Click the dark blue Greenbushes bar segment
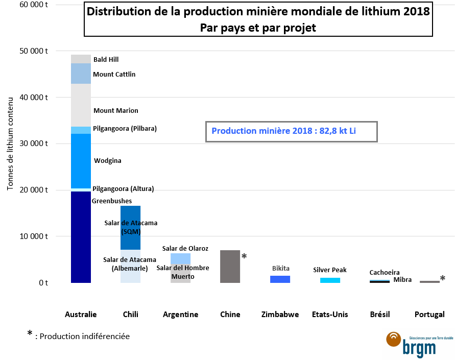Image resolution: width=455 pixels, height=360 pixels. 81,237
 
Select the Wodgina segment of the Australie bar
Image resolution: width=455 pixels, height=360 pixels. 81,161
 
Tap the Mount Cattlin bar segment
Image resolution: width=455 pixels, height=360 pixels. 81,74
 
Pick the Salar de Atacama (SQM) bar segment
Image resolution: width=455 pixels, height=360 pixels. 130,227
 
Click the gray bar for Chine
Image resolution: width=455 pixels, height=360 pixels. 230,266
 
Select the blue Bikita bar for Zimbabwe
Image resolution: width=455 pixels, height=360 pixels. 280,279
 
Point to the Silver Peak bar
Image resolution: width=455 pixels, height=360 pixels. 330,280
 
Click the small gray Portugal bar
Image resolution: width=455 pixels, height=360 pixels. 429,281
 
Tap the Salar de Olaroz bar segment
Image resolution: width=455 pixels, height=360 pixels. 180,258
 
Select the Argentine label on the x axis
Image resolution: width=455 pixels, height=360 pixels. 180,315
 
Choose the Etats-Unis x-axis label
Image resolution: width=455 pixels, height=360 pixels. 330,315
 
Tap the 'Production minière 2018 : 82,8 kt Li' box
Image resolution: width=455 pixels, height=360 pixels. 291,131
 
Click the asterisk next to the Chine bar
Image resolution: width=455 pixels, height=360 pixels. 244,256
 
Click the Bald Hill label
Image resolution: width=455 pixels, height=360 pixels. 106,60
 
